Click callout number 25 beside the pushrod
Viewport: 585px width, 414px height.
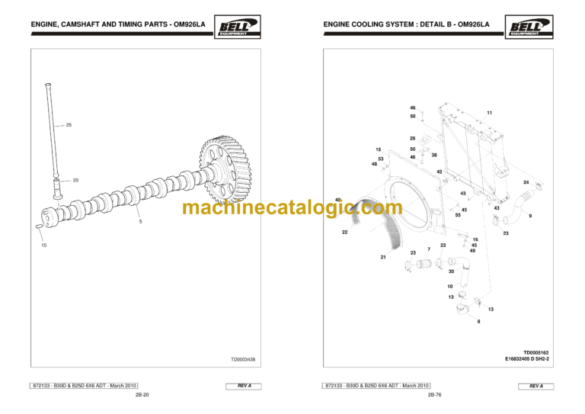69,124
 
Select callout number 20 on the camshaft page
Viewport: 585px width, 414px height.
75,180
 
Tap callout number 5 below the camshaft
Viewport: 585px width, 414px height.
140,222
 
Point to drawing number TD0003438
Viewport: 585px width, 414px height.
243,359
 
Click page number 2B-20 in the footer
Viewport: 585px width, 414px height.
142,395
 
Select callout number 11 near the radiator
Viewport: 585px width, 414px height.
490,113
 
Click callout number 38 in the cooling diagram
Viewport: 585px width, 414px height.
433,155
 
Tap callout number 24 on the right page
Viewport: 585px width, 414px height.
526,182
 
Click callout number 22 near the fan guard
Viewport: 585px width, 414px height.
344,231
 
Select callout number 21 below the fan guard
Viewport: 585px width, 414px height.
383,258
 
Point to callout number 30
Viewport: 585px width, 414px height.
451,271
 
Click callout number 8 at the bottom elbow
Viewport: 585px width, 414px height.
478,322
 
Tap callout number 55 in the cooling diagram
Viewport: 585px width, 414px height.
458,216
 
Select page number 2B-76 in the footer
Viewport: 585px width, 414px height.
435,395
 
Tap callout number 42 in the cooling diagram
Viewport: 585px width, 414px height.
440,172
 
